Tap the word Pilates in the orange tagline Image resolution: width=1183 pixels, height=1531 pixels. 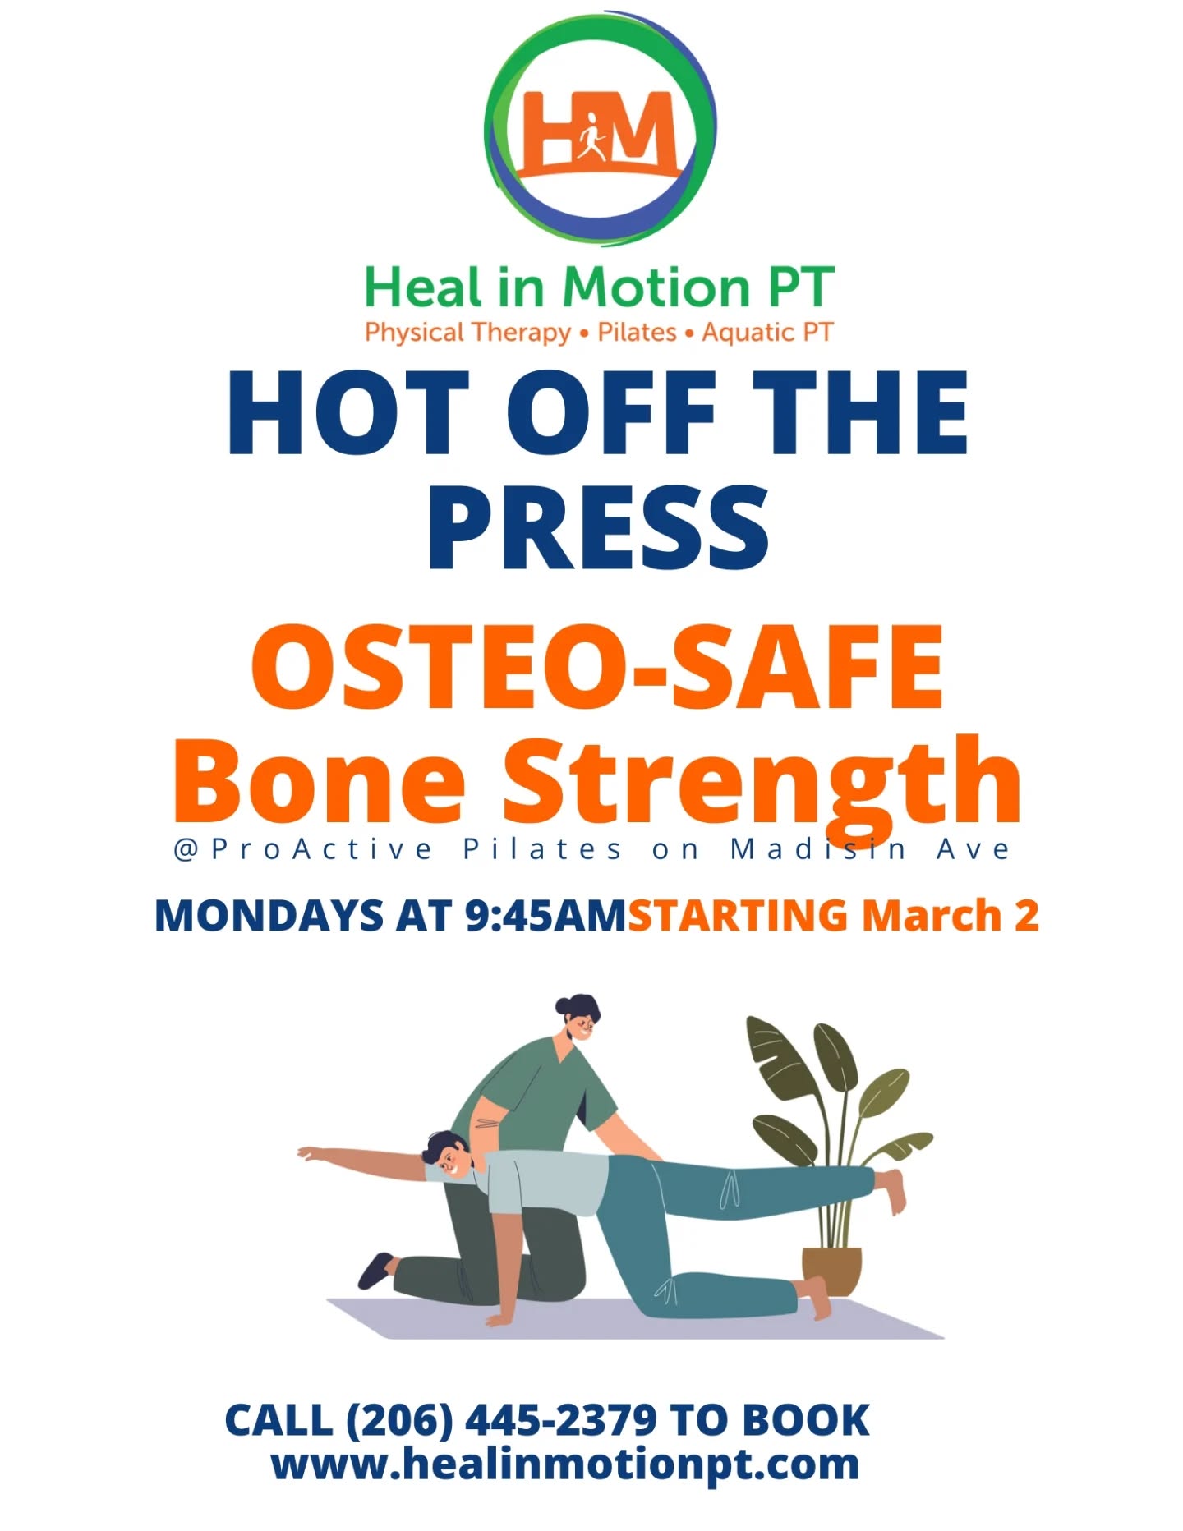[x=637, y=333]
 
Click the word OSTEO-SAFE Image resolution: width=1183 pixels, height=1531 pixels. [x=598, y=667]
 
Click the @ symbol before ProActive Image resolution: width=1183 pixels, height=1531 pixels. [x=186, y=849]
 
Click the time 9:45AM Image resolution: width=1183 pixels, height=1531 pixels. [x=545, y=916]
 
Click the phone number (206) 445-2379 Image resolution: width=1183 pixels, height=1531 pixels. [x=501, y=1420]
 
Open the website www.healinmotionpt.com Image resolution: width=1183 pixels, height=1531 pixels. [x=565, y=1464]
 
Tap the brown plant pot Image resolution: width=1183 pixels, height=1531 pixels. [x=831, y=1271]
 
